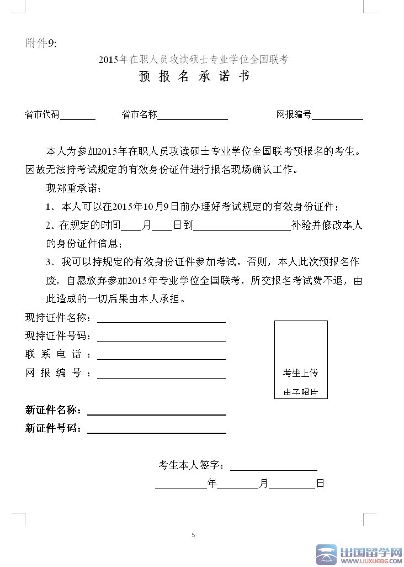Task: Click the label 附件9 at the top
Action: (x=41, y=43)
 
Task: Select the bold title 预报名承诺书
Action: (x=194, y=76)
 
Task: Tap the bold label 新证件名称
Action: (x=54, y=410)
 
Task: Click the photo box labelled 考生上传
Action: (x=301, y=359)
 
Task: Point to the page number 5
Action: (x=193, y=534)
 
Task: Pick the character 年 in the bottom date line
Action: (x=212, y=484)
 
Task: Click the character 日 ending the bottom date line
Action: (x=320, y=484)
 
